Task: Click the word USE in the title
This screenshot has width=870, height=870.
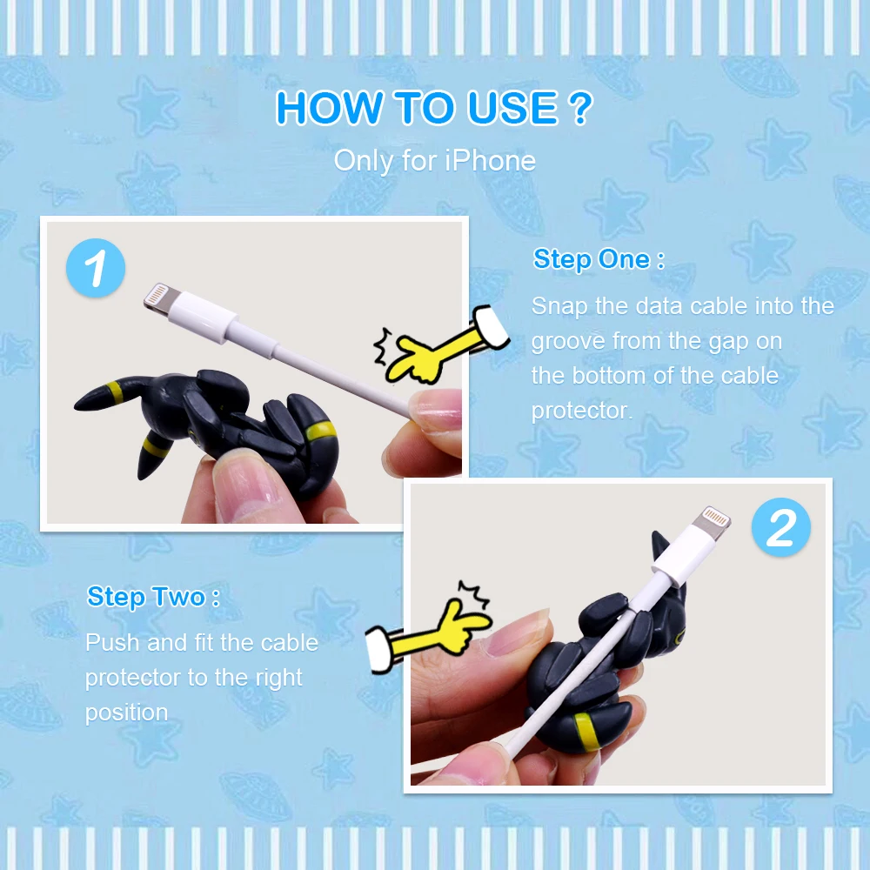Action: (x=512, y=107)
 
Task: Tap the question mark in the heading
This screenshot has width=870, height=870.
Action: (x=581, y=107)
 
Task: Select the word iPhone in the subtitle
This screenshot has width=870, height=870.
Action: (x=490, y=161)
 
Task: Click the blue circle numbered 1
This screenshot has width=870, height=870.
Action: (x=96, y=268)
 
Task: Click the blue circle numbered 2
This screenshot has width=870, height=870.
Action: (x=780, y=527)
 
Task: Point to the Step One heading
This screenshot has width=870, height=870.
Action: (x=599, y=259)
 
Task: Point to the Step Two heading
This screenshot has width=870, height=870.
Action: (x=153, y=597)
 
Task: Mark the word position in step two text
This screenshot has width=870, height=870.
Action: (x=126, y=713)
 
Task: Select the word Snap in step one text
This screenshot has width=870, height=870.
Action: (x=559, y=307)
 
